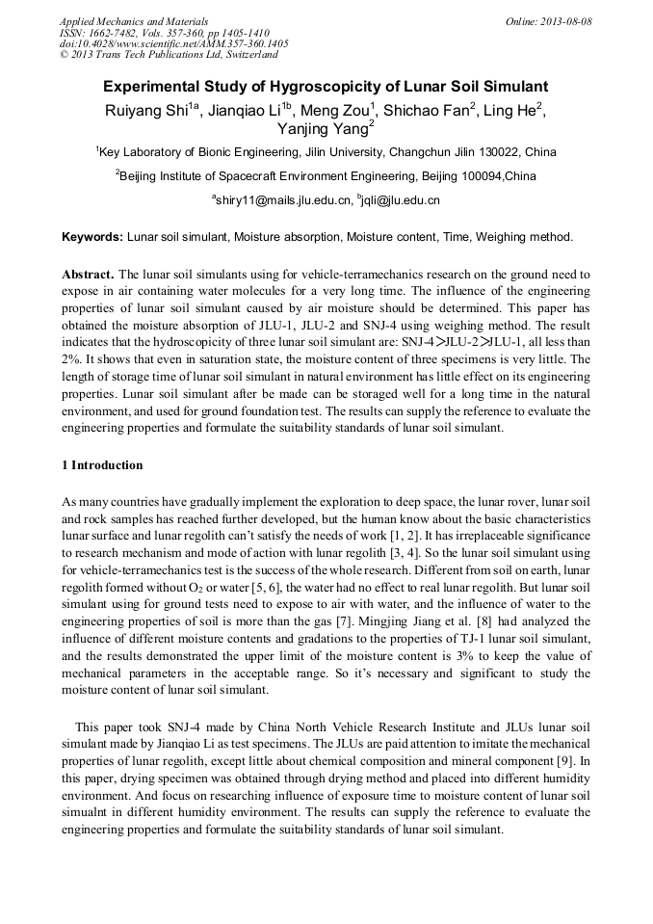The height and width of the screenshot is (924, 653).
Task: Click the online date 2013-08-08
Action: tap(564, 21)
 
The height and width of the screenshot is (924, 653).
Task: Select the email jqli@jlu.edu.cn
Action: tap(401, 200)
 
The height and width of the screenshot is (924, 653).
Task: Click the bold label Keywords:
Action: tap(92, 237)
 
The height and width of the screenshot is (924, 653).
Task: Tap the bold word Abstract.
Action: tap(88, 275)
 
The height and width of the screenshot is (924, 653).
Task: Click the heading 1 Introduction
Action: tap(102, 465)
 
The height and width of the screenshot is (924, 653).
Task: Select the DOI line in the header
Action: tap(173, 43)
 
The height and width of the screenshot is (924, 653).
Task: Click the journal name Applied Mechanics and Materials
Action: tap(133, 21)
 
